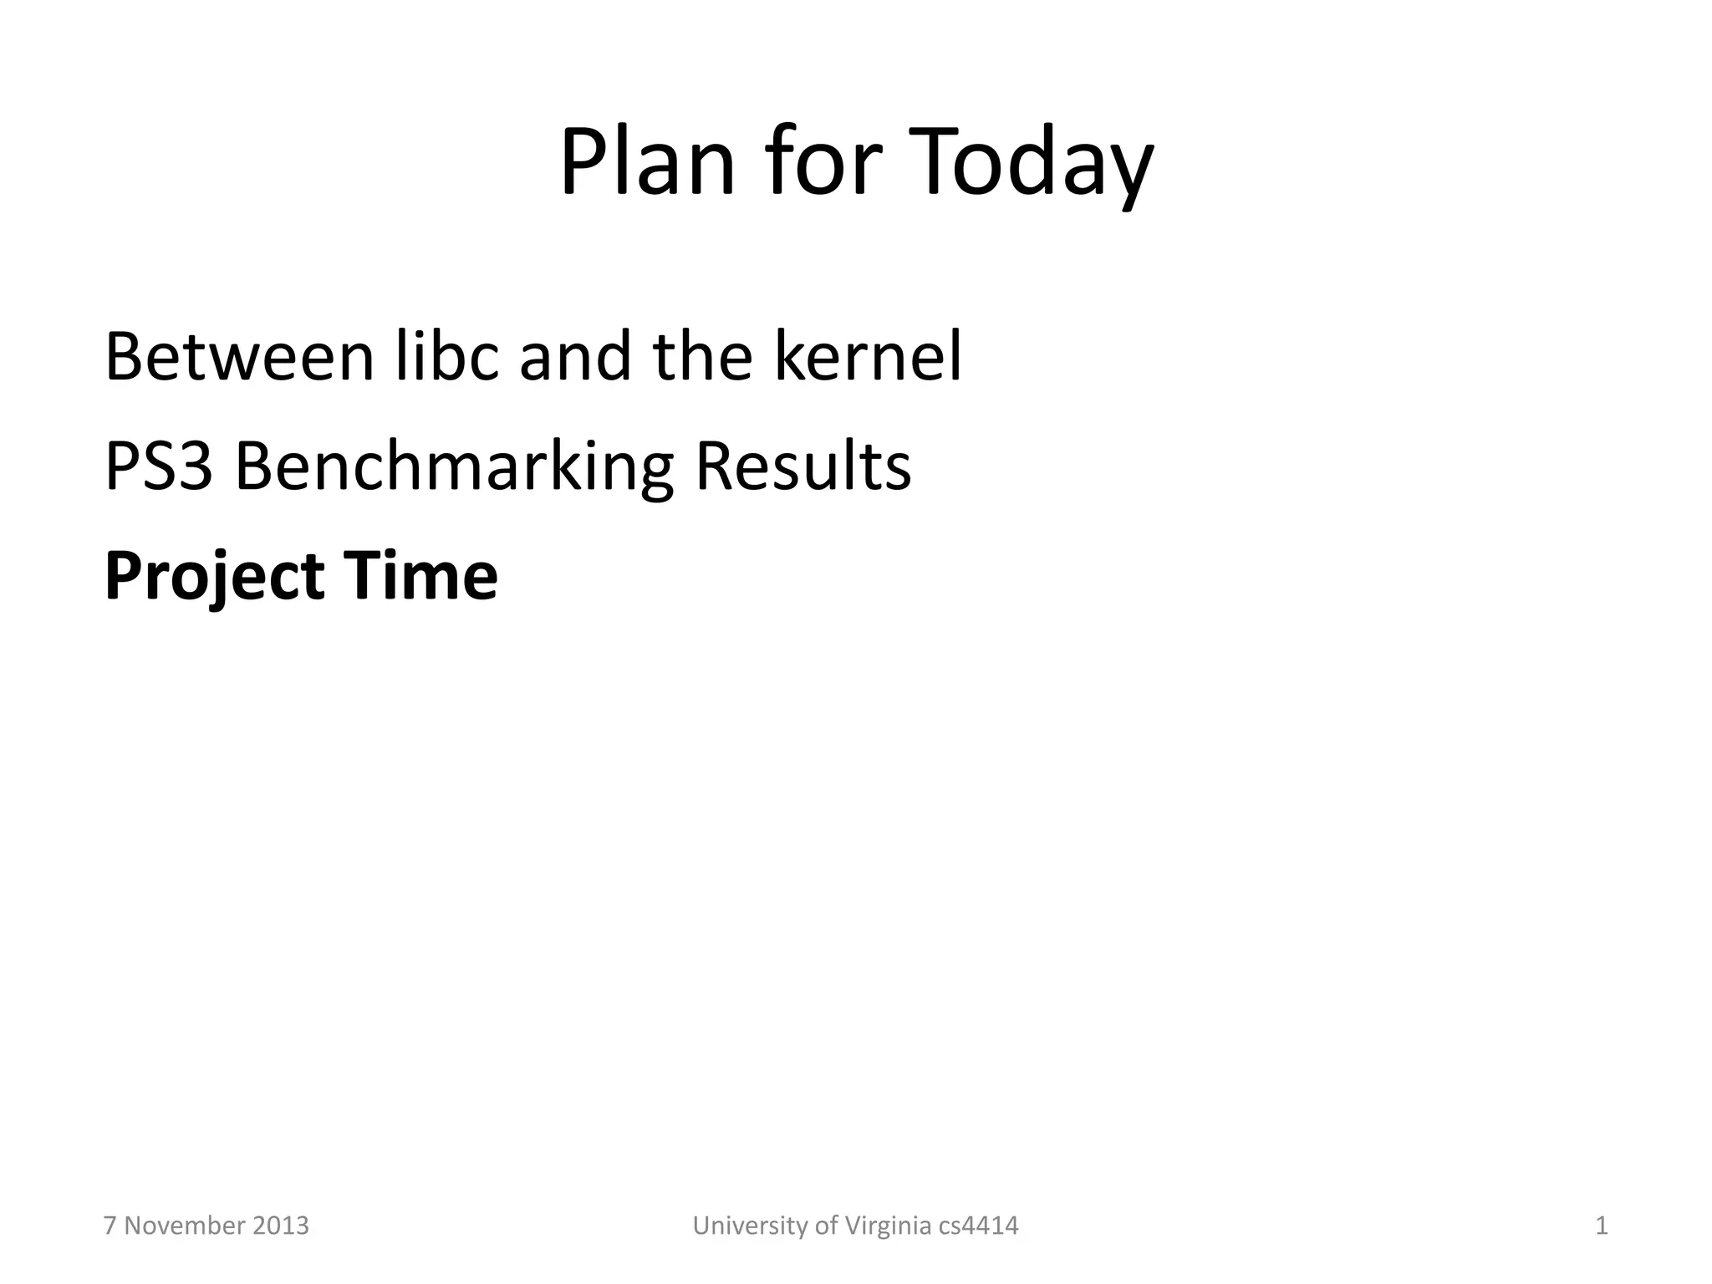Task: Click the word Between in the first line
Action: [239, 357]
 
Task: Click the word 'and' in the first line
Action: [576, 357]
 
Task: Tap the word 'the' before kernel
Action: [702, 357]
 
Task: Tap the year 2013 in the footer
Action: [280, 1226]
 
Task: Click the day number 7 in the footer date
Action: [110, 1226]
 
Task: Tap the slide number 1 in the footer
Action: [1602, 1226]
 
